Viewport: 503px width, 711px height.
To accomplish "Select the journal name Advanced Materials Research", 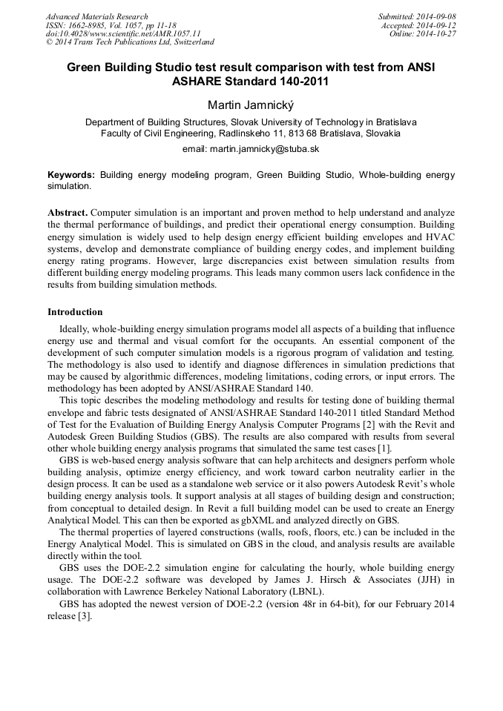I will coord(96,16).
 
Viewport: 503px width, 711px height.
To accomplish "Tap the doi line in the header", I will coord(123,34).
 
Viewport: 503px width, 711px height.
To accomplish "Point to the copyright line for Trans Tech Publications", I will coord(130,42).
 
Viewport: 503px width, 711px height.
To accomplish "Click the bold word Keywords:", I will coord(71,175).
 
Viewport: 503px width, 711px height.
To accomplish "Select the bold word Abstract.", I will coord(68,212).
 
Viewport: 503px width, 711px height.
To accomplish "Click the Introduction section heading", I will coord(75,312).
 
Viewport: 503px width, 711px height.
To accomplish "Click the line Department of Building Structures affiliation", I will coord(251,122).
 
